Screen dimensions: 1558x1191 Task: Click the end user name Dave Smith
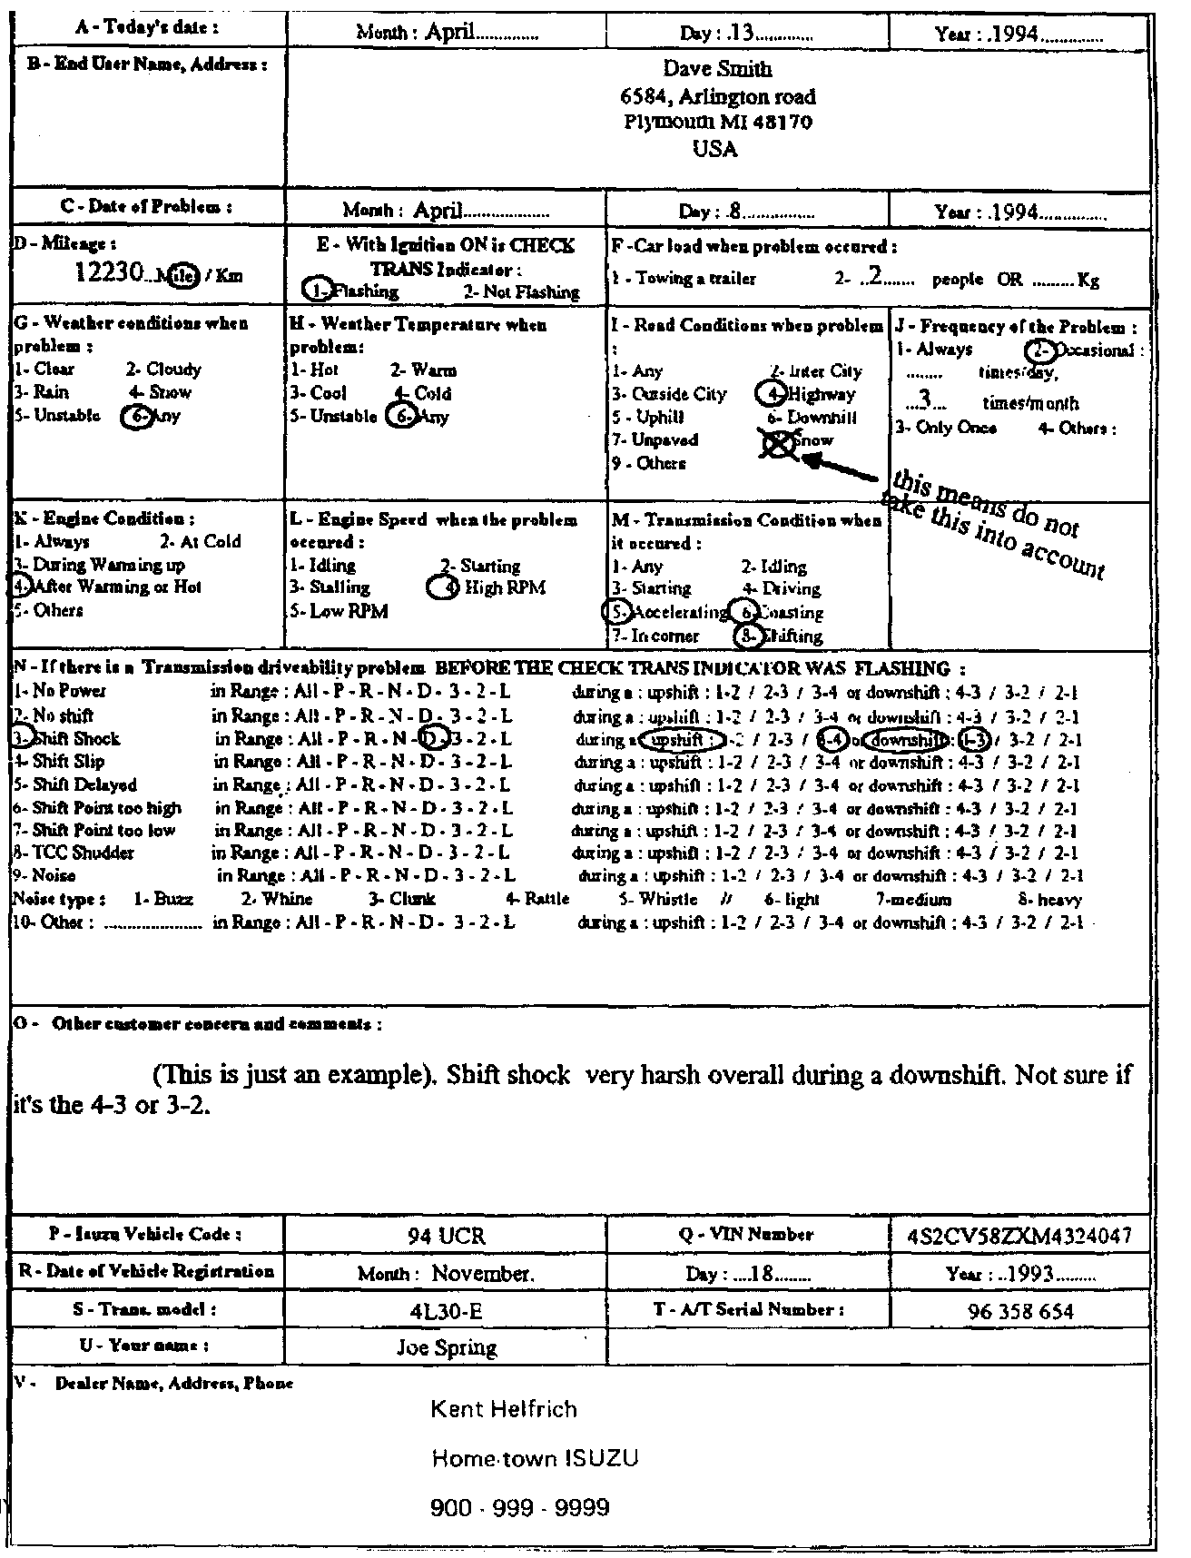click(717, 70)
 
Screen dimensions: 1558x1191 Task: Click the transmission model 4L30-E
click(445, 1311)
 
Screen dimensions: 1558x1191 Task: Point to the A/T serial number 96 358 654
click(1019, 1311)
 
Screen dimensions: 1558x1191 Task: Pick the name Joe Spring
click(447, 1348)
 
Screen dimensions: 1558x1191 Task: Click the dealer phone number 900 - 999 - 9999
click(519, 1508)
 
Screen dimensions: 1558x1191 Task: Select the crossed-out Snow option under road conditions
click(799, 442)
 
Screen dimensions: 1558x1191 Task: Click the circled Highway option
click(808, 394)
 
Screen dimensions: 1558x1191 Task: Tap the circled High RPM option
click(490, 587)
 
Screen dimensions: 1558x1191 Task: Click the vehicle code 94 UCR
click(446, 1236)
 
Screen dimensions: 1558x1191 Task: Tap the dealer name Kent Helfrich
click(503, 1410)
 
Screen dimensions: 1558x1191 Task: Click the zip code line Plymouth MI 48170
click(717, 122)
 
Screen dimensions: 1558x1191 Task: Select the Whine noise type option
click(277, 899)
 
